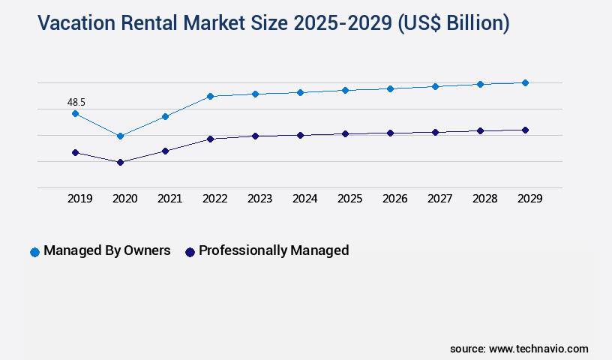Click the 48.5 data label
click(x=77, y=101)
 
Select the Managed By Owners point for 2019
click(x=75, y=113)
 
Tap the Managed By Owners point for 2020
click(x=120, y=136)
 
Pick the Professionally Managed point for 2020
click(x=120, y=162)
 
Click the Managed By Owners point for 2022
click(x=210, y=96)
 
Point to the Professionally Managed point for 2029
click(x=525, y=130)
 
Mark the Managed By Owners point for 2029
click(x=525, y=82)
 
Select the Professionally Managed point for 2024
click(x=300, y=135)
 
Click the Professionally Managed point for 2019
click(x=75, y=152)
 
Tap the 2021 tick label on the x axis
click(x=170, y=199)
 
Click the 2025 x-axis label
click(x=350, y=199)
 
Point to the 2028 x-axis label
click(x=485, y=199)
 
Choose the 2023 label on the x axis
click(x=260, y=199)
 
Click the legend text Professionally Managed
click(x=274, y=250)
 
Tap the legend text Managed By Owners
click(x=107, y=250)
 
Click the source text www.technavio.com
click(x=538, y=349)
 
